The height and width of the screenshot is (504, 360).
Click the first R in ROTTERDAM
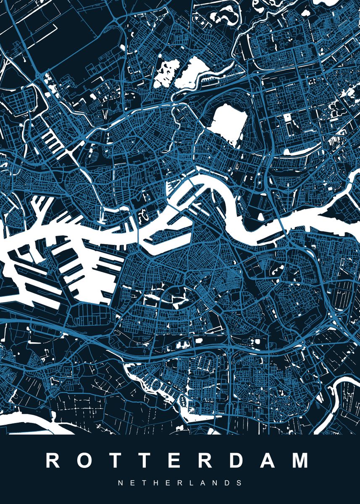(53, 461)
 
